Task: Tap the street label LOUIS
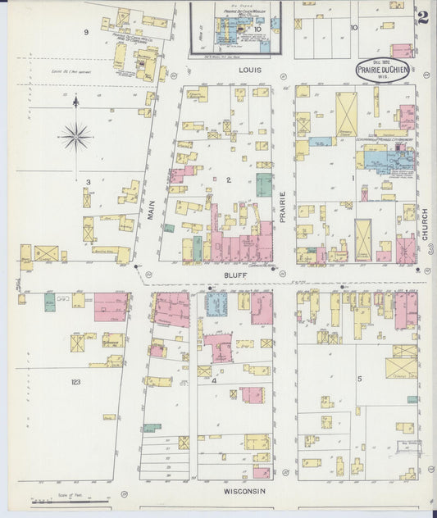coord(250,70)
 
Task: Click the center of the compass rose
coord(75,136)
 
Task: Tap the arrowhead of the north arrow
coord(75,100)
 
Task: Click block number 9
coord(85,32)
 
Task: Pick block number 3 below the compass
coord(87,181)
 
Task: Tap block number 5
coord(359,378)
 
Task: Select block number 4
coord(215,380)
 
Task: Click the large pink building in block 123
coord(110,307)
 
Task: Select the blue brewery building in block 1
coord(383,157)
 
